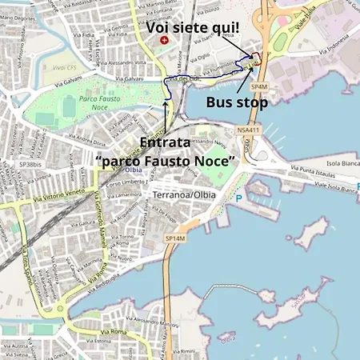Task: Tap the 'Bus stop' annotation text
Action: click(236, 102)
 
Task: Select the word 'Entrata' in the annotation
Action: click(164, 143)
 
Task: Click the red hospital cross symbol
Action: click(164, 39)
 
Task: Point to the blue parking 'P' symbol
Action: click(238, 197)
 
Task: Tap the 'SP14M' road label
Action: click(174, 238)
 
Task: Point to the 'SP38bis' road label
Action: click(30, 165)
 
